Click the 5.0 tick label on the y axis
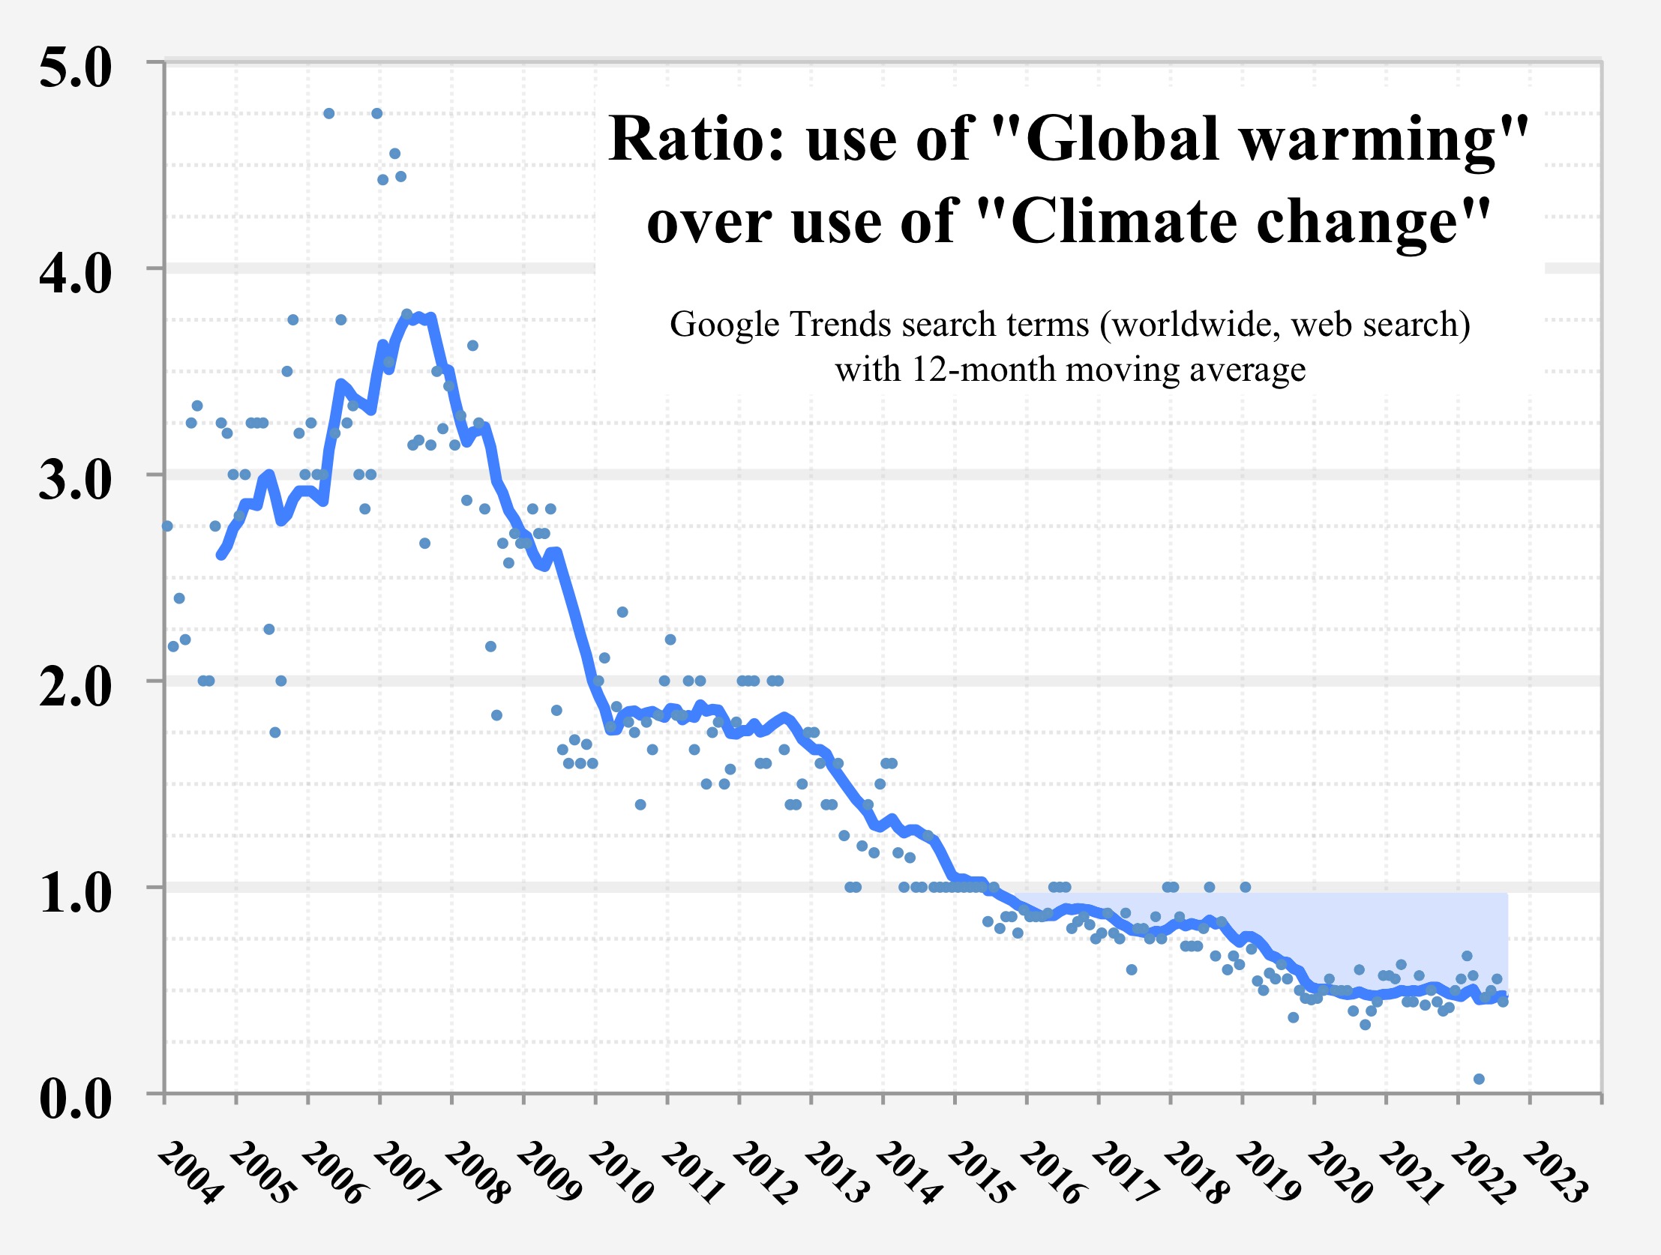pyautogui.click(x=75, y=67)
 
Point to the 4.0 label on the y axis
pyautogui.click(x=75, y=273)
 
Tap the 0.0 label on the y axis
pyautogui.click(x=75, y=1099)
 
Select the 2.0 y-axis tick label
pyautogui.click(x=75, y=686)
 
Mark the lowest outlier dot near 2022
pyautogui.click(x=1479, y=1079)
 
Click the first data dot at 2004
pyautogui.click(x=166, y=526)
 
